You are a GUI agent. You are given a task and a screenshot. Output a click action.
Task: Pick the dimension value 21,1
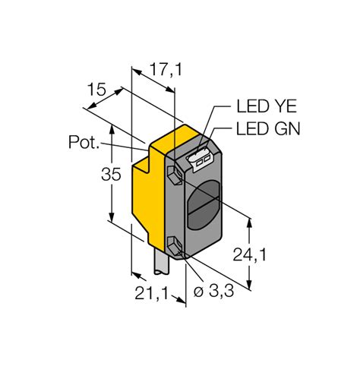[x=150, y=292]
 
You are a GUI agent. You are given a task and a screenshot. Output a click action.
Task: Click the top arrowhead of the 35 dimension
[x=112, y=128]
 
